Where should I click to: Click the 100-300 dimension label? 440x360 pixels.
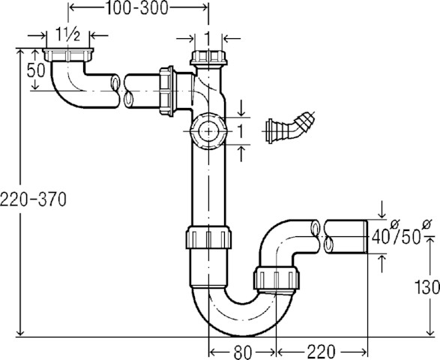click(137, 8)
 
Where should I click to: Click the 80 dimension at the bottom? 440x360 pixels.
click(242, 349)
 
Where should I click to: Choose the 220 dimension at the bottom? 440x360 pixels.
click(319, 349)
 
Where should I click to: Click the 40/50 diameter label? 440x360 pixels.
click(397, 237)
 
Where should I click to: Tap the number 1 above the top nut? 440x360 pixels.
click(206, 37)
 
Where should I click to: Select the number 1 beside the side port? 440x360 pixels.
click(241, 131)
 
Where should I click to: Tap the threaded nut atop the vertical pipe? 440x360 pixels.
click(206, 59)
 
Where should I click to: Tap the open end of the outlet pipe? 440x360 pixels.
click(365, 236)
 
